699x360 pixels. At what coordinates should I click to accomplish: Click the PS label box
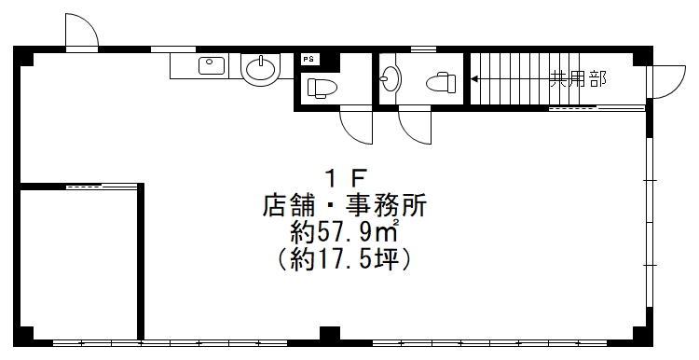tap(308, 60)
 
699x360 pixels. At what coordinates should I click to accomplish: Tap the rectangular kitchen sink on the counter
tap(212, 66)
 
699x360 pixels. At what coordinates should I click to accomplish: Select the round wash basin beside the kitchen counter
tap(260, 69)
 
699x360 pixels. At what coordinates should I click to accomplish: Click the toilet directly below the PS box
tap(322, 88)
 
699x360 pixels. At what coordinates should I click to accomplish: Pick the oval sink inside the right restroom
tap(391, 78)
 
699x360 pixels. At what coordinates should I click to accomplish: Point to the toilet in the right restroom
tap(441, 82)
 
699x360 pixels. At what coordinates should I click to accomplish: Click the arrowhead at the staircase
tap(474, 79)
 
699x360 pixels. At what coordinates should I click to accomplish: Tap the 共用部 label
tap(578, 79)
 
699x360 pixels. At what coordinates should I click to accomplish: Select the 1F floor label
tap(346, 179)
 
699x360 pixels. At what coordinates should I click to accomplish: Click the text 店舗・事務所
tap(345, 206)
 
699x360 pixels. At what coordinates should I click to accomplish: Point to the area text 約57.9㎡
tap(344, 232)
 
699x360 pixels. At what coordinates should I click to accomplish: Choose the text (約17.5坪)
tap(344, 258)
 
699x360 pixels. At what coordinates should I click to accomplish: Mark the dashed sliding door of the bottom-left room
tap(102, 187)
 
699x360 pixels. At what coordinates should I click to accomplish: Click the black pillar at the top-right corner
tap(643, 56)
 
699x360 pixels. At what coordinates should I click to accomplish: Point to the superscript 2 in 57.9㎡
tap(395, 223)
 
